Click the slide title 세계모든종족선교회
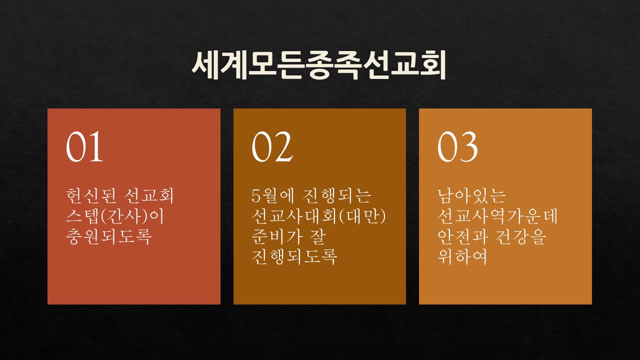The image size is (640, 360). pos(318,65)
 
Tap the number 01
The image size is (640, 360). pos(84,146)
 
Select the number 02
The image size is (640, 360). pos(272,146)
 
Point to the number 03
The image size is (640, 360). pos(457,146)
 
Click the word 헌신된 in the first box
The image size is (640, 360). pos(91,195)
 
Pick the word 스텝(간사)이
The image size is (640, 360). pos(115,216)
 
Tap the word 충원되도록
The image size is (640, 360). pos(108,236)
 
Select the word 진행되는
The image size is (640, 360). pos(336,195)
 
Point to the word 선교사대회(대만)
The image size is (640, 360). pos(319,216)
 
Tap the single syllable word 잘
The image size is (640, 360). pos(317,236)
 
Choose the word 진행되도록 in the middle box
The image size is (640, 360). pos(294,256)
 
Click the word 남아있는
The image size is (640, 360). pos(471,195)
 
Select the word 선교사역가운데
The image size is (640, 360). pos(497,216)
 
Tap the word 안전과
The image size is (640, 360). pos(463,236)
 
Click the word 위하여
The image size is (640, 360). pos(462,256)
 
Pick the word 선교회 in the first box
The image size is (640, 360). pos(149,195)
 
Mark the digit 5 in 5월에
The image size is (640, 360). pos(256,196)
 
